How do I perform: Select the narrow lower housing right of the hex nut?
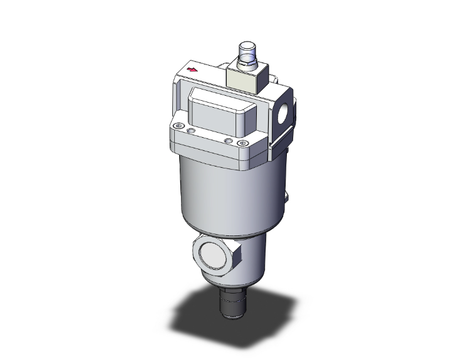(254, 263)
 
